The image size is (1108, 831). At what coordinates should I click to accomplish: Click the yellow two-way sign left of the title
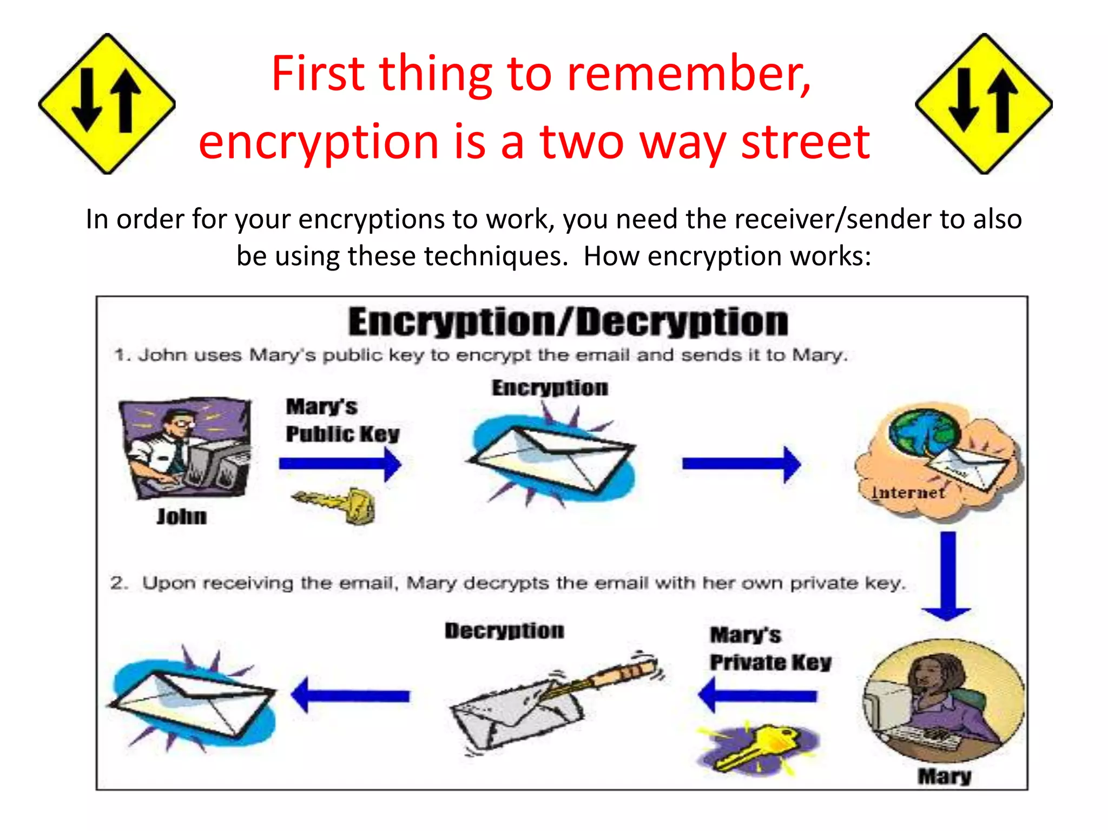tap(107, 104)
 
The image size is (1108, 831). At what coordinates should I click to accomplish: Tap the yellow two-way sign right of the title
tap(984, 104)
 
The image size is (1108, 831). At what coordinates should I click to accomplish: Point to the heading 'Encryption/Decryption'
tap(568, 322)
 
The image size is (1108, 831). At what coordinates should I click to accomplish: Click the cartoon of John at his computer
tap(186, 448)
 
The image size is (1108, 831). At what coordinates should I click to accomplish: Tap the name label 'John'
tap(182, 517)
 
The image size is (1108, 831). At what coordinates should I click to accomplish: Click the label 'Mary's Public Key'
tap(342, 420)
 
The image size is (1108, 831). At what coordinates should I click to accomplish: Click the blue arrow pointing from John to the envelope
tap(340, 464)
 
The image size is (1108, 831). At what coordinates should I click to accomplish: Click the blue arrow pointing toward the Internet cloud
tap(741, 464)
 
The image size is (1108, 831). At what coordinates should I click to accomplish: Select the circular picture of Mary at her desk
tap(944, 701)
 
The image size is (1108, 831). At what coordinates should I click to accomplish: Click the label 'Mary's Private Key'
tap(770, 649)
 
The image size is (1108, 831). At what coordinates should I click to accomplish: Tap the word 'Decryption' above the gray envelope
tap(504, 631)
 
